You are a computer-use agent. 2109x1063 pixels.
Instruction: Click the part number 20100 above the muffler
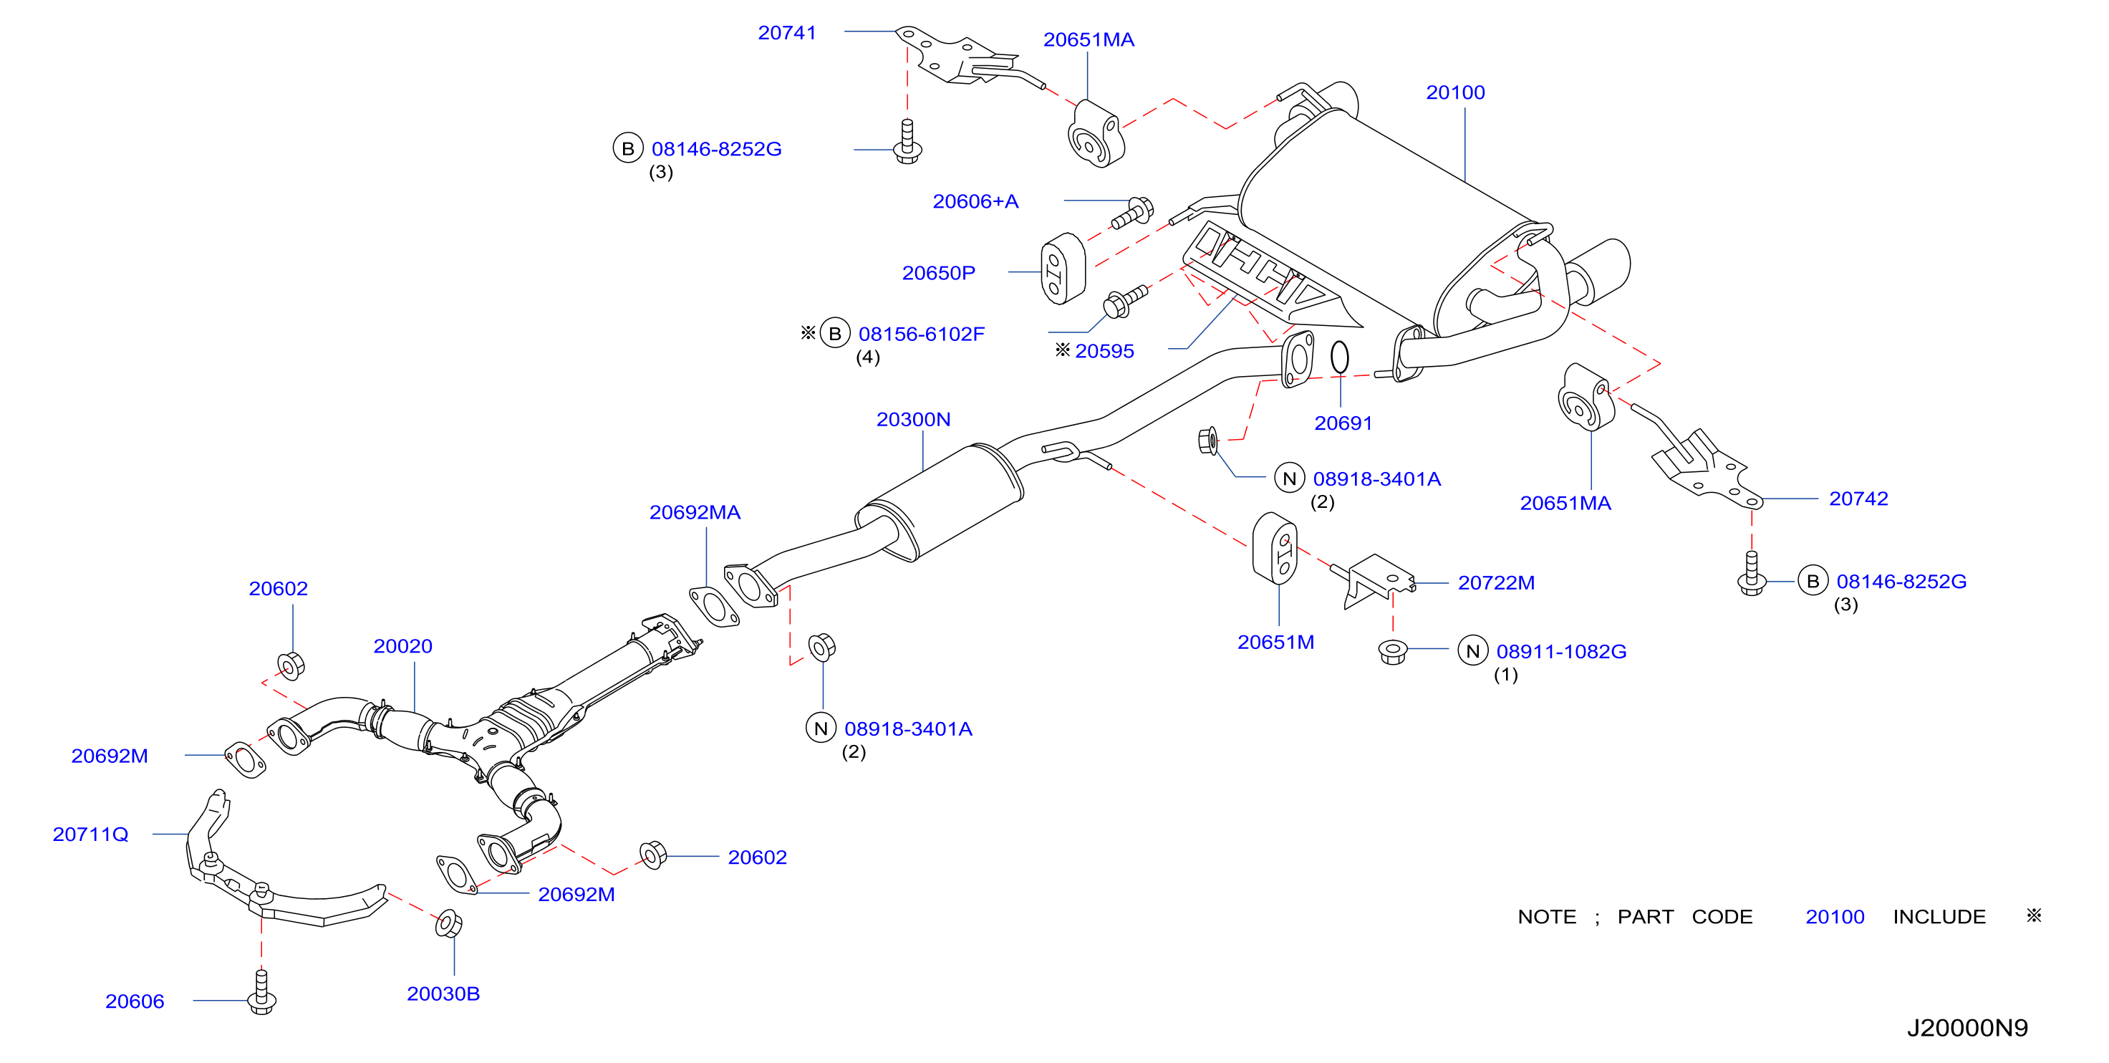1455,92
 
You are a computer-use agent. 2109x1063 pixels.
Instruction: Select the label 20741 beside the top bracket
787,33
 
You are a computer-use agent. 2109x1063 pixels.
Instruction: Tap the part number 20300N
913,419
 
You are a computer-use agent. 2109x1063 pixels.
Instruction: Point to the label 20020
402,646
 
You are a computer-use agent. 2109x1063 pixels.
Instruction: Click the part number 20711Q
91,834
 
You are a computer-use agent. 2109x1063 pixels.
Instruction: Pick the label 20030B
443,994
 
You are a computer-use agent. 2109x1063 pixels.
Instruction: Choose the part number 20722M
1496,583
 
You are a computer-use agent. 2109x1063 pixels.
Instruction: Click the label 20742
1858,499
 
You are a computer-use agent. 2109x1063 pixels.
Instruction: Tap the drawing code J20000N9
1967,1028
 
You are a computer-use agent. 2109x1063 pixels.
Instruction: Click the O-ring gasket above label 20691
1339,356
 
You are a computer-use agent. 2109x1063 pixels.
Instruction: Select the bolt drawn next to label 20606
262,992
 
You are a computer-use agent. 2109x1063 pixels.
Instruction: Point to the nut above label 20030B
448,923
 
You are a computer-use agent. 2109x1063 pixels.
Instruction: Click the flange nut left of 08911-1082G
1393,651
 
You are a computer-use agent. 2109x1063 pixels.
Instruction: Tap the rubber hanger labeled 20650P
1063,269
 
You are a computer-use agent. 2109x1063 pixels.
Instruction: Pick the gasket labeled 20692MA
715,606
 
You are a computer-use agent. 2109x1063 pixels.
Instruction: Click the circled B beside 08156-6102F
835,333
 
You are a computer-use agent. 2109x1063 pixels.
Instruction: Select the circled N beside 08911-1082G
1473,651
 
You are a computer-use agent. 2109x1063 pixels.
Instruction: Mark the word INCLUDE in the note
1939,917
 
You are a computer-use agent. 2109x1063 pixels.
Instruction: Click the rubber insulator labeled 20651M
1275,549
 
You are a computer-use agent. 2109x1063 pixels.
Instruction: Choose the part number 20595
1104,351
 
